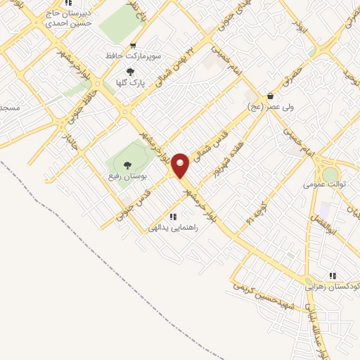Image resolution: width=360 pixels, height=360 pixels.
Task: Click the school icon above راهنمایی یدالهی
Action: coord(173,217)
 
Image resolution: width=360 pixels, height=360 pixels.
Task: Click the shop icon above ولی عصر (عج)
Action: coord(271,96)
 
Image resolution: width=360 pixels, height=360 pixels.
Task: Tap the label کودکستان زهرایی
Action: coord(332,287)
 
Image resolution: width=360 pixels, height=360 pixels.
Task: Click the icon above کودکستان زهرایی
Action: coord(332,276)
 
